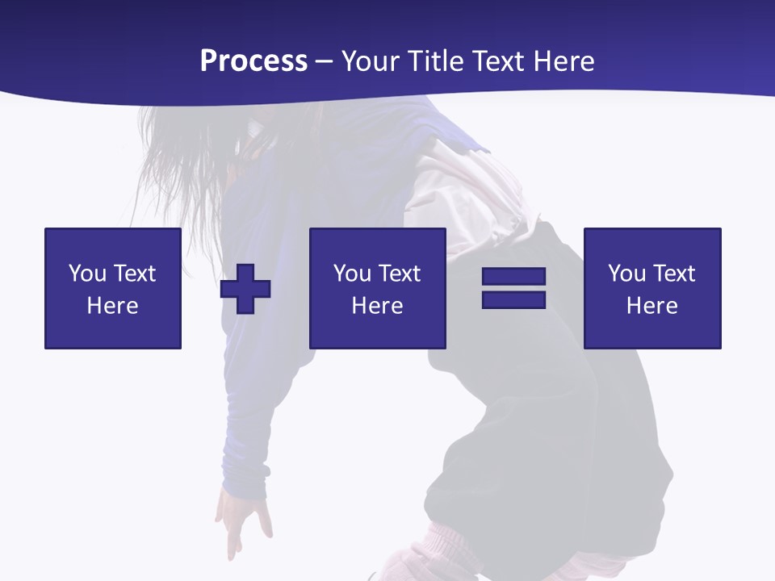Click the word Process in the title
(x=253, y=61)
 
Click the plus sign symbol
(x=245, y=289)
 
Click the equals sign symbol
(x=513, y=288)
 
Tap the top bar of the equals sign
(x=513, y=277)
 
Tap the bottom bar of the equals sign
(x=513, y=299)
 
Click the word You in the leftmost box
(x=86, y=274)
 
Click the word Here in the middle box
(x=378, y=306)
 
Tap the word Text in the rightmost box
(x=674, y=274)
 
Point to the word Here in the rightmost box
(x=652, y=306)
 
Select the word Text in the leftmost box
(x=135, y=274)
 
